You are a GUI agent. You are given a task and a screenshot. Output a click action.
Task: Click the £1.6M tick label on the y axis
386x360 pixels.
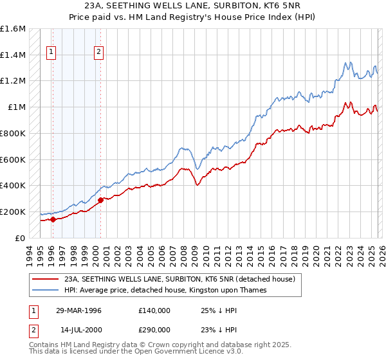pos(13,29)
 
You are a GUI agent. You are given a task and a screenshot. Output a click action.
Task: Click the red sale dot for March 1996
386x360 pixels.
pos(53,219)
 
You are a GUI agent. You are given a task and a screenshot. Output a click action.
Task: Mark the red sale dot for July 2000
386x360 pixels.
pos(100,200)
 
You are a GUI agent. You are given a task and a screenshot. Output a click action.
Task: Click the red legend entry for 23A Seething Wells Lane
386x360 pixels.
pos(179,279)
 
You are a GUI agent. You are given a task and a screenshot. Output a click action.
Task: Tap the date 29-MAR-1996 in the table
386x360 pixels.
pos(78,310)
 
